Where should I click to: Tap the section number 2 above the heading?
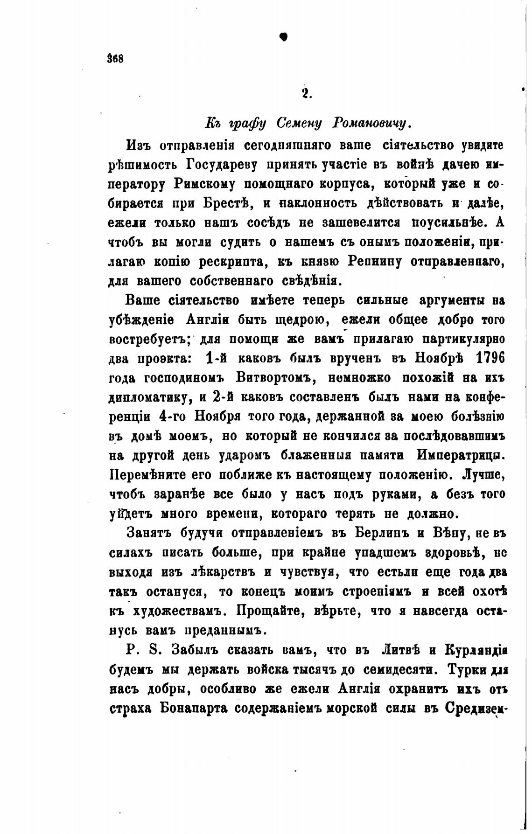click(x=306, y=93)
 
